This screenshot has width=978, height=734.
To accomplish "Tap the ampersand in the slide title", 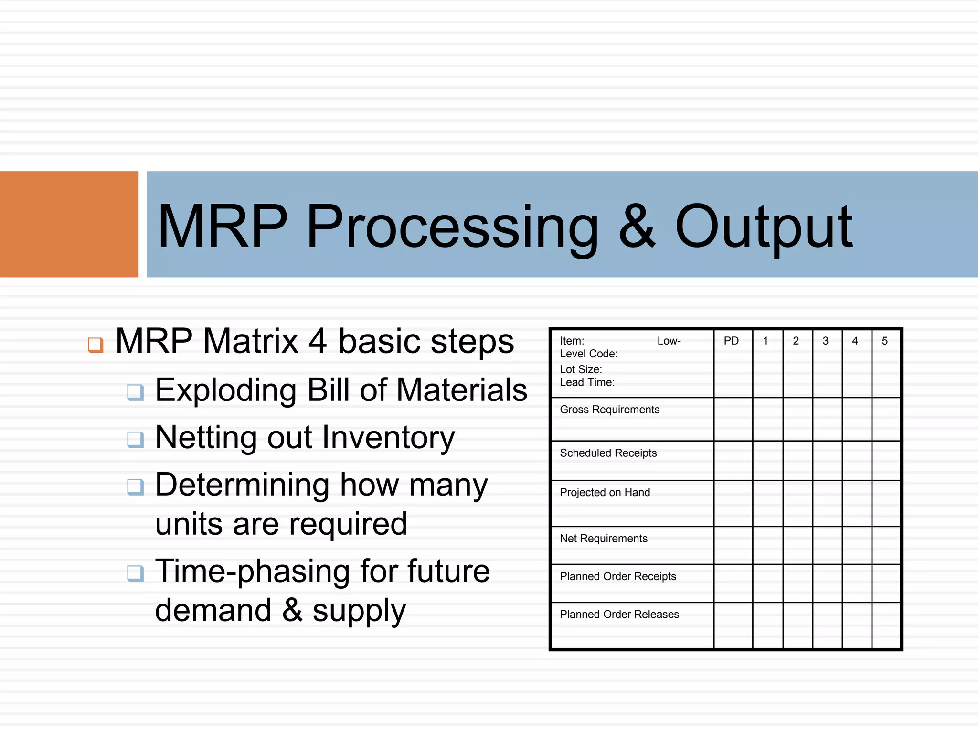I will (x=637, y=226).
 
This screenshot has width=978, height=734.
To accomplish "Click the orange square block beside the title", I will (x=69, y=224).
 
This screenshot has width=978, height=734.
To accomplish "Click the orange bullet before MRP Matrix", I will (x=96, y=345).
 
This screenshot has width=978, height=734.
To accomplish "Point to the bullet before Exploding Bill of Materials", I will (x=135, y=392).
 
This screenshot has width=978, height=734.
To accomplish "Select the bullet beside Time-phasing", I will (x=135, y=573).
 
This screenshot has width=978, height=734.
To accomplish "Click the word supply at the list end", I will (x=359, y=612).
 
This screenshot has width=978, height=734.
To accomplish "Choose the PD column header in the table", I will (x=731, y=341).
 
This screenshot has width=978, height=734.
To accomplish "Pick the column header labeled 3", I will (x=825, y=341).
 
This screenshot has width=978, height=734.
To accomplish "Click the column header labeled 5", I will (x=884, y=341).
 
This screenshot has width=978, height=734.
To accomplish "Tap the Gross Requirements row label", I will (x=609, y=410).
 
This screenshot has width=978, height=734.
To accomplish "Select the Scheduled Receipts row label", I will (x=608, y=453).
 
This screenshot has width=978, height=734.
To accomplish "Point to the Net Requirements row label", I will (x=603, y=539).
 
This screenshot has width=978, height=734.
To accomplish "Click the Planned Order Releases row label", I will (x=619, y=615).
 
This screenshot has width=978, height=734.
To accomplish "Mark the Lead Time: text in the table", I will (x=587, y=382).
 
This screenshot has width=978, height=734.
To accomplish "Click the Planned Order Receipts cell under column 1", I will (x=767, y=583).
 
